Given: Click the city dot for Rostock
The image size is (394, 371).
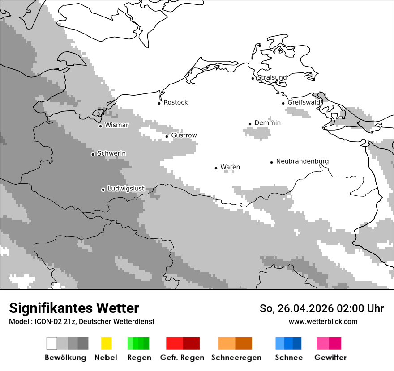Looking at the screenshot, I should pos(159,103).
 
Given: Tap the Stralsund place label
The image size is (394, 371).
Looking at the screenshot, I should pos(272,77).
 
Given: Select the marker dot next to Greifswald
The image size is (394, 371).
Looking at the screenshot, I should pos(283,103).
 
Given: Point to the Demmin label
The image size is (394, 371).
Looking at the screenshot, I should pos(267,123).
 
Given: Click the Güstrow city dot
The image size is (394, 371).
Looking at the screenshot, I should pos(167,136).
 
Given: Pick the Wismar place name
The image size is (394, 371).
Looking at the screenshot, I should pos(116,125).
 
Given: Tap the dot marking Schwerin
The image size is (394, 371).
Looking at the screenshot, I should pos(93,154).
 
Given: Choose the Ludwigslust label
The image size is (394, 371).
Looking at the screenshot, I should pos(126,189).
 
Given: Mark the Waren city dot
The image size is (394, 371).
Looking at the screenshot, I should pos(216,168).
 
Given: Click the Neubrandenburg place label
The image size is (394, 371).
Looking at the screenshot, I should pos(302,161).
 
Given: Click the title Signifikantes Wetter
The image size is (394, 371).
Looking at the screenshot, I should pos(74,308).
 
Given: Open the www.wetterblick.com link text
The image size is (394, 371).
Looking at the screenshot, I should pos(323,321).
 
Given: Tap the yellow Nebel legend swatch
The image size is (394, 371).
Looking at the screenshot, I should pos(106,343).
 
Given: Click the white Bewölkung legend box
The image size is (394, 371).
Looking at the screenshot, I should pos(51,343).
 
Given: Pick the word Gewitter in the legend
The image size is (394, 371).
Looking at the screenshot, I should pos(330,358).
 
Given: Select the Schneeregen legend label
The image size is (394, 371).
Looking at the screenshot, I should pos(236,358).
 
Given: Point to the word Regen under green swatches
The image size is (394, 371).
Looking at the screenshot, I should pos(139,358).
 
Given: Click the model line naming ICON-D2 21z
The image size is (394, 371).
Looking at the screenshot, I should pos(81,322).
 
